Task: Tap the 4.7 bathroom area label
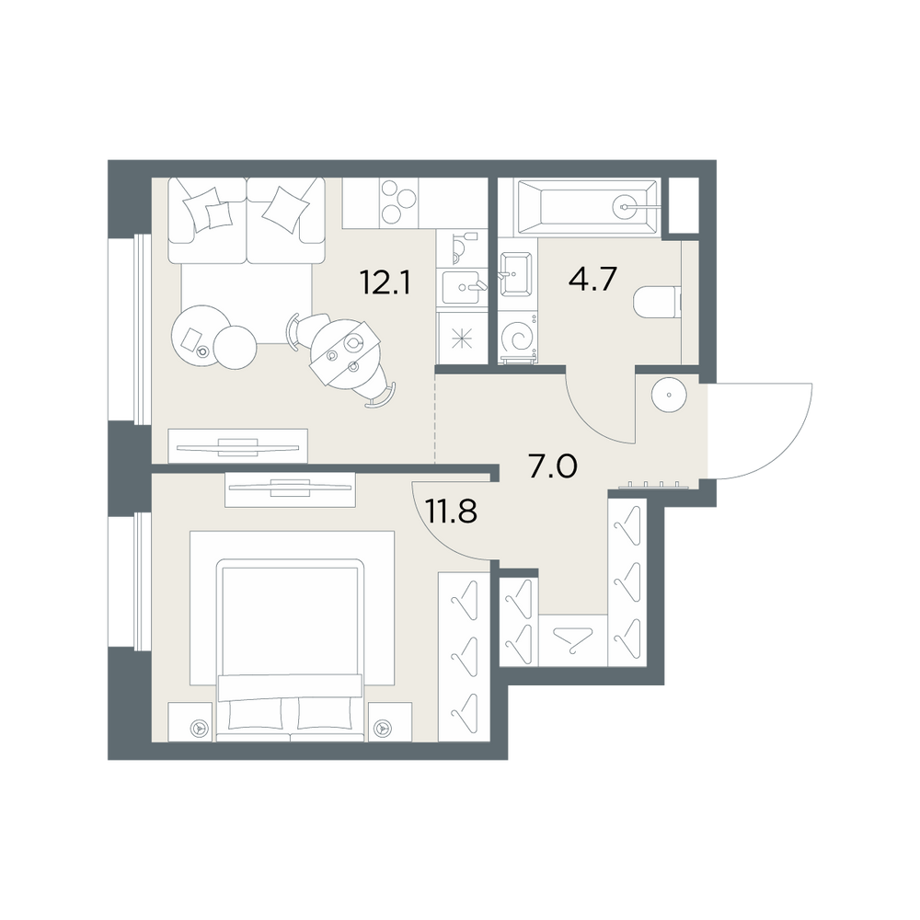click(592, 280)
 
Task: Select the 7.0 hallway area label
click(553, 467)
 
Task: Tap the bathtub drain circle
click(625, 207)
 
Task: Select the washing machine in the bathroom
click(517, 338)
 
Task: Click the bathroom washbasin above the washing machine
click(516, 273)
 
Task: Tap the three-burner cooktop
click(398, 203)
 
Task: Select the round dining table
click(345, 354)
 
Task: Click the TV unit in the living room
click(237, 446)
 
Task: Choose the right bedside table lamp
click(384, 728)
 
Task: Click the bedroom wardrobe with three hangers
click(464, 657)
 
